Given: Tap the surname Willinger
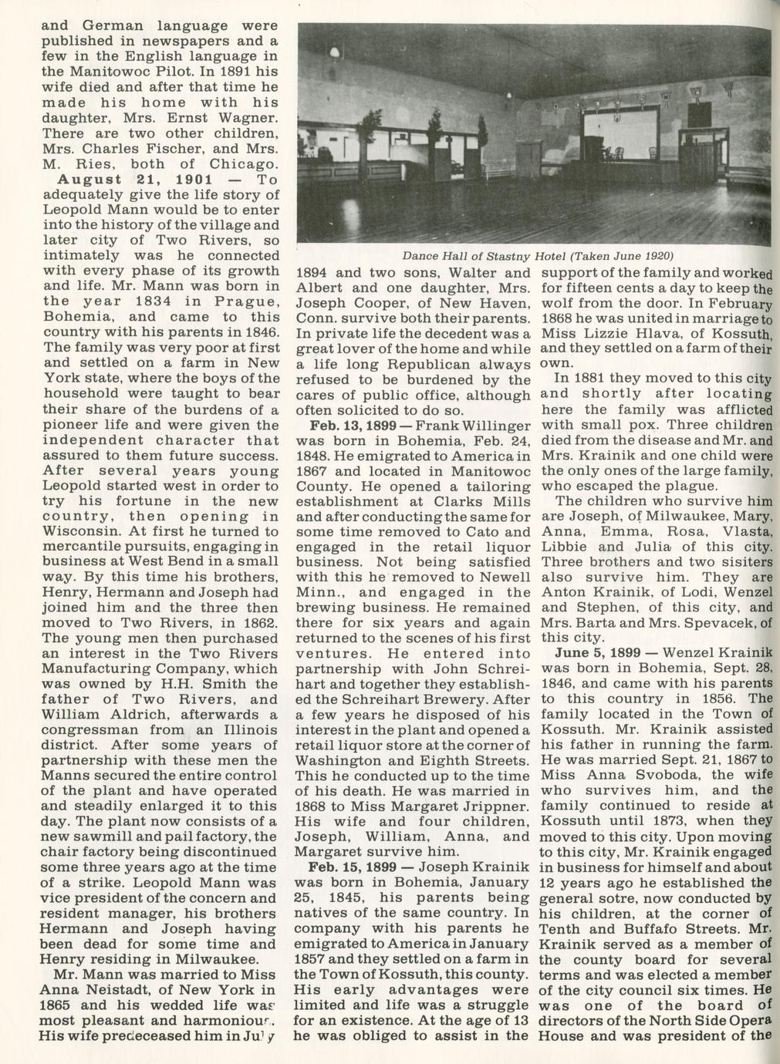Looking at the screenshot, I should [498, 426].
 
